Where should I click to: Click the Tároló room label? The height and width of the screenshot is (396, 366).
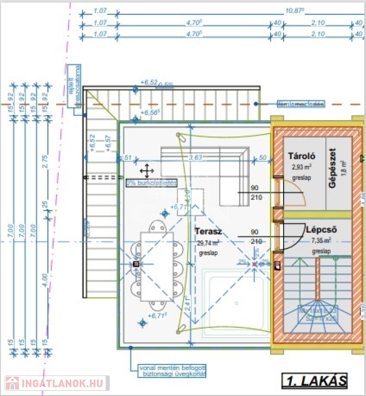click(302, 156)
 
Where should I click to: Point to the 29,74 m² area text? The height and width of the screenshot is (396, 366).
click(209, 243)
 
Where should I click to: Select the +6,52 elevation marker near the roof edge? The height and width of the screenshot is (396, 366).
click(148, 82)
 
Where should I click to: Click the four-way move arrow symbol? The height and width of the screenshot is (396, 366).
click(146, 171)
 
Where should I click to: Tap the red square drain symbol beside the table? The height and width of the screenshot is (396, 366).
click(136, 264)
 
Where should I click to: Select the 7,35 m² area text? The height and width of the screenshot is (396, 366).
click(321, 241)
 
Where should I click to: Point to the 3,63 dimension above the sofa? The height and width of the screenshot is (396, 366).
click(194, 158)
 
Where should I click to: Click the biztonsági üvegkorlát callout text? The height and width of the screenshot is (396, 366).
click(173, 371)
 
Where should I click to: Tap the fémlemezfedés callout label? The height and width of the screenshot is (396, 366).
click(301, 104)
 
